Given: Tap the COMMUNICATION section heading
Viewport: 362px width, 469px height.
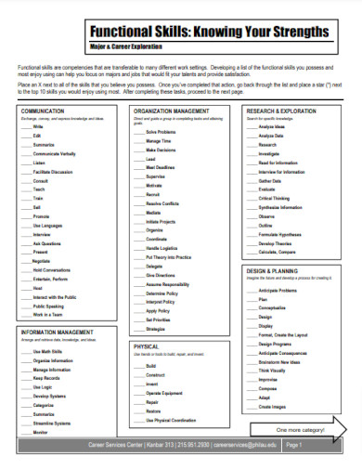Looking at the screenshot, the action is click(x=45, y=109).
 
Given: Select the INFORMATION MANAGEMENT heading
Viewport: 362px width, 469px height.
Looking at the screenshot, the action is click(x=56, y=331).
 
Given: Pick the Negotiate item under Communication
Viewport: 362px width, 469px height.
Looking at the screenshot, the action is click(x=47, y=260).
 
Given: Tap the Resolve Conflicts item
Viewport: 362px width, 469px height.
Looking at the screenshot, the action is click(x=165, y=202).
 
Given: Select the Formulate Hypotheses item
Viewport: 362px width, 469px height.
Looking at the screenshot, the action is click(x=284, y=233).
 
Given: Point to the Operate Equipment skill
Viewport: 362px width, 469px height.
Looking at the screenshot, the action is click(x=167, y=393).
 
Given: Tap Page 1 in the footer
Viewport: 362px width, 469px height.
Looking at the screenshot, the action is click(x=294, y=446).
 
